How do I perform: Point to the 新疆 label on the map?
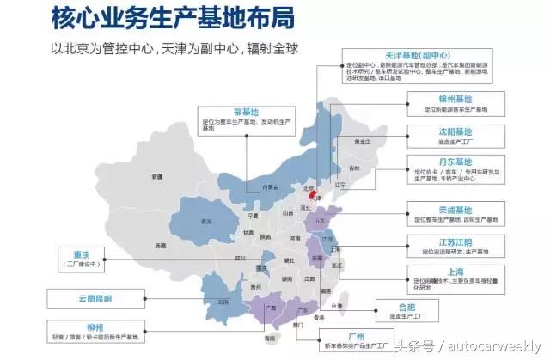click(x=157, y=176)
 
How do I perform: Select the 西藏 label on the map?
click(x=161, y=246)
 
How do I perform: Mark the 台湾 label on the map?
click(x=337, y=306)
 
